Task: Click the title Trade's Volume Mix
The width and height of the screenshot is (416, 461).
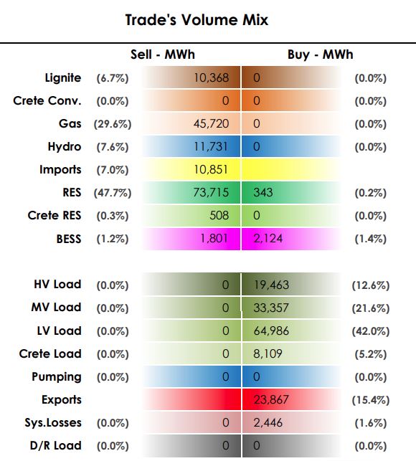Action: point(197,20)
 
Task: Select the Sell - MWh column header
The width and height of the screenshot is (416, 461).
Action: point(163,54)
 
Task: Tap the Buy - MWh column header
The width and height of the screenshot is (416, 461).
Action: point(320,54)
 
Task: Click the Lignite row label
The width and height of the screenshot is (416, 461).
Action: point(63,78)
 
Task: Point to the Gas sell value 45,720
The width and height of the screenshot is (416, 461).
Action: point(211,124)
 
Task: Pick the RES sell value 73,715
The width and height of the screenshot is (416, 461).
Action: point(211,193)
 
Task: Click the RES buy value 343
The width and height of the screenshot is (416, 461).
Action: point(263,193)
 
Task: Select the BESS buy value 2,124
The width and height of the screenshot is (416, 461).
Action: point(268,239)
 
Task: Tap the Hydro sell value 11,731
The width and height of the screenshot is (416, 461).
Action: point(211,147)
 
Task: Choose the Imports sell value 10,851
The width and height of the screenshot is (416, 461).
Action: point(211,170)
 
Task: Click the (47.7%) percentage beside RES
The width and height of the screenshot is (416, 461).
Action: point(113,193)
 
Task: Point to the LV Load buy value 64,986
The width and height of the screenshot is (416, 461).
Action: point(271,331)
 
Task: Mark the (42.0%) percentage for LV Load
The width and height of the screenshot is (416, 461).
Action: point(371,331)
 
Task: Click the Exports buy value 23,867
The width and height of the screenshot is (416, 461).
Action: point(271,400)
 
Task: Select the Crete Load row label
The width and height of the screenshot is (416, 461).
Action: point(50,353)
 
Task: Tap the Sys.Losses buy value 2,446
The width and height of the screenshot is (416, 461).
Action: point(268,423)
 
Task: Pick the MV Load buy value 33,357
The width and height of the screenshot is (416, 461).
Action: point(271,308)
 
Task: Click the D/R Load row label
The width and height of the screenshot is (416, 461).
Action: point(56,446)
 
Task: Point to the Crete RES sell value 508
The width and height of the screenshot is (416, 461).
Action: point(219,216)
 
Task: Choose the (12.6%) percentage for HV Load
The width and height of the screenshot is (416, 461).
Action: point(371,285)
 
